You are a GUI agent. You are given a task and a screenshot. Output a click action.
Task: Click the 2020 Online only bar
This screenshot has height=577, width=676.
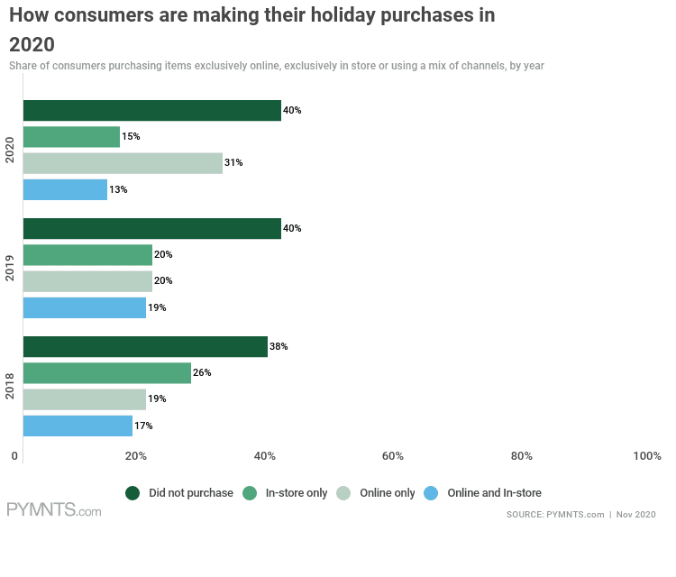tap(123, 163)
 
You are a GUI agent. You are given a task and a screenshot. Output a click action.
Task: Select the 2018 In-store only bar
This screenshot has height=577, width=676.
tap(106, 373)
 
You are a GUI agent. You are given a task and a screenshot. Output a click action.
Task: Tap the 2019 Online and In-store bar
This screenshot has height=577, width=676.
tap(84, 308)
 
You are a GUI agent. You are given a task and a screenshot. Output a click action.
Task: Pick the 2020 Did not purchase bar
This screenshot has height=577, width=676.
tap(151, 111)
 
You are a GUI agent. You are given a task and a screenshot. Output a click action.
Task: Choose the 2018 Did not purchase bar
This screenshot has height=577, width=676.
tap(145, 347)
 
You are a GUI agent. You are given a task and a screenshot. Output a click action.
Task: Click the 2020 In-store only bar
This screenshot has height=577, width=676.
tap(71, 137)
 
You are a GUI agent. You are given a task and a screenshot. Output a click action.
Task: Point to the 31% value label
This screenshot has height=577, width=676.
tap(234, 163)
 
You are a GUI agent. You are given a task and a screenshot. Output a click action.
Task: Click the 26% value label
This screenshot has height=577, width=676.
tap(202, 373)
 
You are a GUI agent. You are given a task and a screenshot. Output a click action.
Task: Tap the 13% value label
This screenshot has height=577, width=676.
tap(119, 190)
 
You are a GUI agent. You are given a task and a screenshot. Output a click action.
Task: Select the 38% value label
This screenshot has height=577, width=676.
tap(279, 347)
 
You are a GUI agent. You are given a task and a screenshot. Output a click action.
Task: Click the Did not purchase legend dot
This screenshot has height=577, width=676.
tap(132, 493)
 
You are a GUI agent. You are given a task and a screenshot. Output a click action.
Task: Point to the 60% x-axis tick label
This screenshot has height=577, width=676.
tap(393, 456)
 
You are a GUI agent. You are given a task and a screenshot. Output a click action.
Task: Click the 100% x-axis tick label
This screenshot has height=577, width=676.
tap(647, 456)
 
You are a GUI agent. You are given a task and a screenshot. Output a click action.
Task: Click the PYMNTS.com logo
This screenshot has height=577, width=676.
tap(54, 510)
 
